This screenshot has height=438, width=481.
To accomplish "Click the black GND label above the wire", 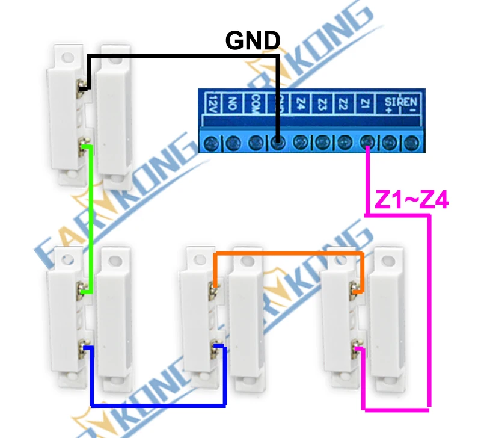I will pos(253,41).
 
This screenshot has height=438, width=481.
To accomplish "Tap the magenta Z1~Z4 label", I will pos(411,200).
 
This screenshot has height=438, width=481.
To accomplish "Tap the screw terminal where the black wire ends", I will pos(277,143).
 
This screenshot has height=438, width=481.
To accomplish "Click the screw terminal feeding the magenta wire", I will pos(367,143).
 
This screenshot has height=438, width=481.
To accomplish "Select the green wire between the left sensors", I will pos(91,217).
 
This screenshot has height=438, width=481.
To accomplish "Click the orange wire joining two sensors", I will pos(289,254).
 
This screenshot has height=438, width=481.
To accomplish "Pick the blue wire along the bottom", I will pos(156,403).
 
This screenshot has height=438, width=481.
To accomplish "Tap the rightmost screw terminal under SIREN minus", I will pos(411,143).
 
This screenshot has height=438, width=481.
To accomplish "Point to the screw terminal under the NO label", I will pos(233,143).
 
